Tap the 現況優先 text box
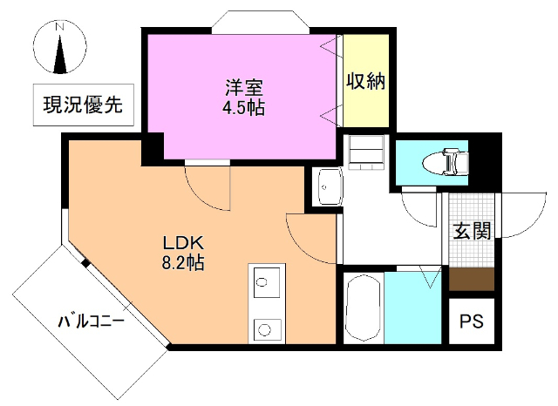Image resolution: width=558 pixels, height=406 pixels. [x=83, y=106]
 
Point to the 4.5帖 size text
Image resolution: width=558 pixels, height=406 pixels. [x=243, y=109]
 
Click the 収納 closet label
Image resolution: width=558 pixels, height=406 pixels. [x=366, y=82]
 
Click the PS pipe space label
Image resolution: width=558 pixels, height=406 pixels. [x=472, y=320]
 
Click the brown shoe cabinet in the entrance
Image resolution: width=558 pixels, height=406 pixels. [x=472, y=279]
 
